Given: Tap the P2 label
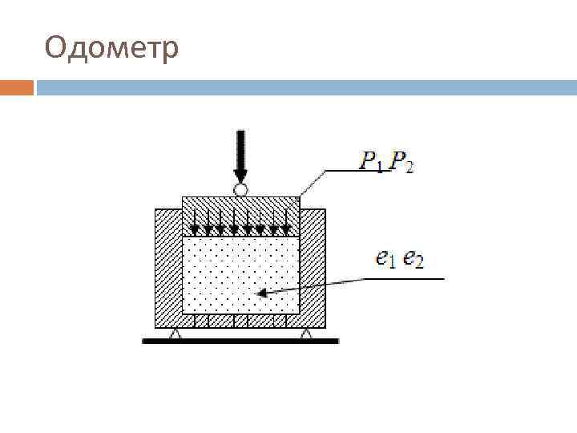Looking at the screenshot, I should tap(401, 162).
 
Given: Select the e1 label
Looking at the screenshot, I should tap(386, 258).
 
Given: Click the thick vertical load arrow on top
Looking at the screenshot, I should tap(240, 156).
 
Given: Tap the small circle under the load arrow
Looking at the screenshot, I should tap(240, 190).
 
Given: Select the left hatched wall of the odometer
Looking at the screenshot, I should tap(167, 265).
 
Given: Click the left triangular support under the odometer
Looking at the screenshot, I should tap(176, 334).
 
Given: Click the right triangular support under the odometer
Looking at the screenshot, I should tap(305, 334).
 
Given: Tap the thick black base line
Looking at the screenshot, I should tap(240, 342).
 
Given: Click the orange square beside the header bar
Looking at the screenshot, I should tap(17, 87).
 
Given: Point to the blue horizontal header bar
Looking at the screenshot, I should tap(305, 87).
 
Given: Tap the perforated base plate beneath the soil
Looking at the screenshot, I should tap(240, 321).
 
